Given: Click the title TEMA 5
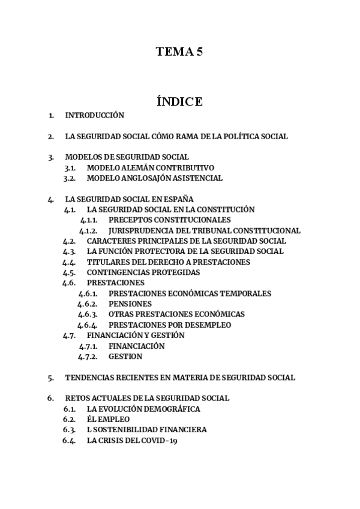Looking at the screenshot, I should pos(179,52).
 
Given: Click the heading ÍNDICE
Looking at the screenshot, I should pos(179,101).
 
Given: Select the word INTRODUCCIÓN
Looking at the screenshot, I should pos(94,115).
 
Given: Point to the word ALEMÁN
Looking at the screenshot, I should pos(133,167).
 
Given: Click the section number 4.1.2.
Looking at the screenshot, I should pos(88,230).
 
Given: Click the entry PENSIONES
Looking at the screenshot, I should pos(130,304).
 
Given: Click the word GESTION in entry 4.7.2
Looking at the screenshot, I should pos(125,357).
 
